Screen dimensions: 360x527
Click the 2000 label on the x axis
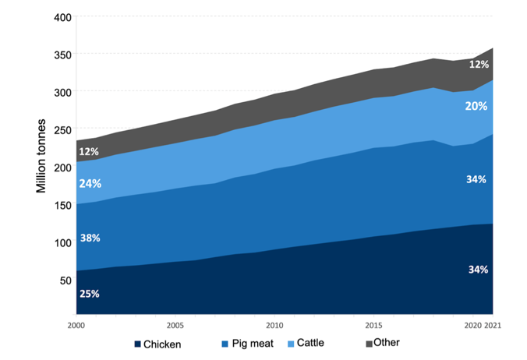tap(76, 324)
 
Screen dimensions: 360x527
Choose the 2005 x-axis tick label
tap(175, 324)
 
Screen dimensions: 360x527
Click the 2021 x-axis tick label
tap(493, 324)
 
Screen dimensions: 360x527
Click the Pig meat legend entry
tap(250, 344)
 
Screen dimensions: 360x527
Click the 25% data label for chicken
tap(89, 294)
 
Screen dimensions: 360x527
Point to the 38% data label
tap(89, 238)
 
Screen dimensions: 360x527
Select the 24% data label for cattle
tap(90, 184)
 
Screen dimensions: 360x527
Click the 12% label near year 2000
tap(89, 151)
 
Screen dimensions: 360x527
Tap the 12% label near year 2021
tap(479, 65)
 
